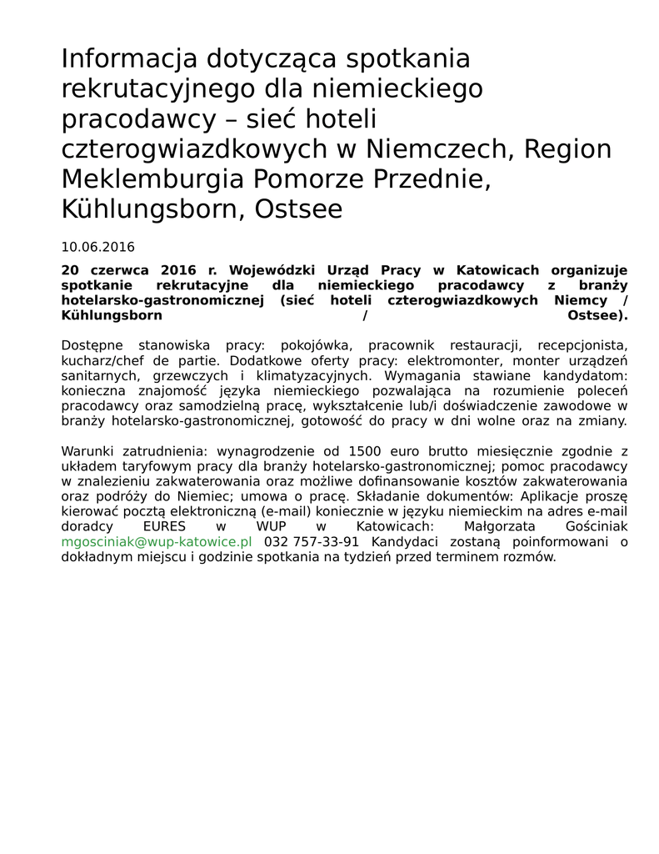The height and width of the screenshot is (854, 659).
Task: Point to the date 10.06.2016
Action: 97,247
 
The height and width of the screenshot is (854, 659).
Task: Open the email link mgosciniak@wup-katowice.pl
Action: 156,541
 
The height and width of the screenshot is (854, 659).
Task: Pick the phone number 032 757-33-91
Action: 312,541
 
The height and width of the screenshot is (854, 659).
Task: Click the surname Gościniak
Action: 595,526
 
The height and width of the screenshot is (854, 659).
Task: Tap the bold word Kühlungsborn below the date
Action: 112,315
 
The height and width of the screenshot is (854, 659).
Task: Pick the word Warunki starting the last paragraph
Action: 88,451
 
